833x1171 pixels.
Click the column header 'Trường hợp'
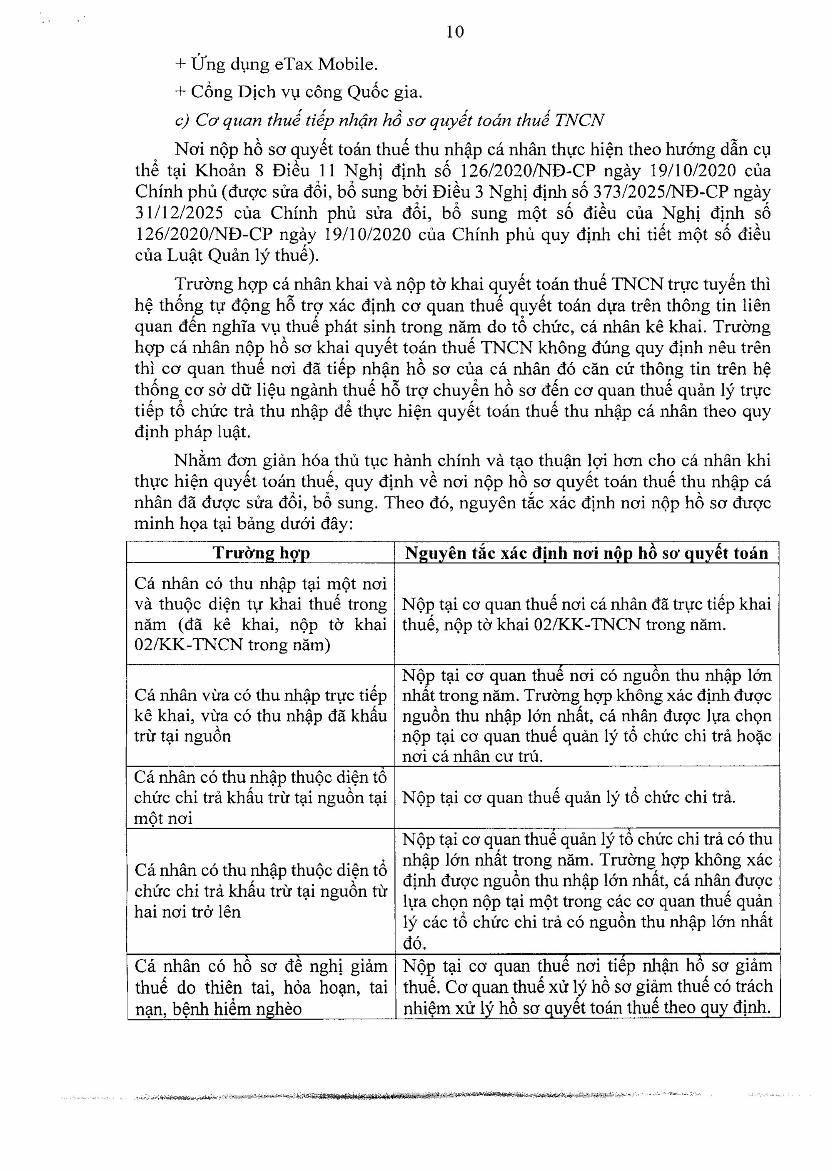[x=261, y=553]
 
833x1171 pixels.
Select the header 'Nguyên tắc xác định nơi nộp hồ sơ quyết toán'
[x=586, y=553]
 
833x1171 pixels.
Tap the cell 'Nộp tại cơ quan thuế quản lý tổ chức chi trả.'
[x=569, y=797]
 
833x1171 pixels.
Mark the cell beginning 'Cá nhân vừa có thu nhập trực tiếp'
[x=261, y=716]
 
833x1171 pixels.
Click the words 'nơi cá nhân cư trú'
[x=472, y=756]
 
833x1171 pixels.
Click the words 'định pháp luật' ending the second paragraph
[x=192, y=433]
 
